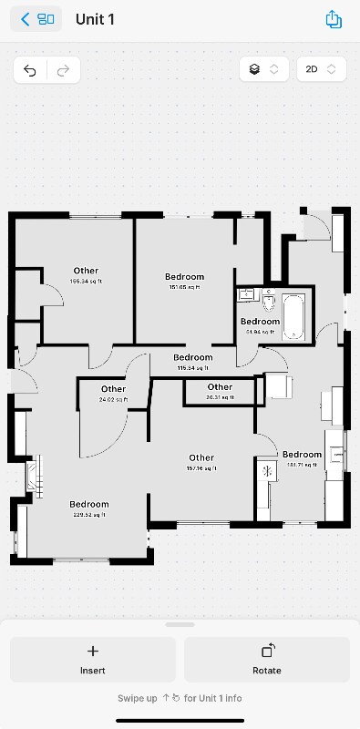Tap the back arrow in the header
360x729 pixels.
click(x=26, y=19)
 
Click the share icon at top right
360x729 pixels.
click(x=333, y=19)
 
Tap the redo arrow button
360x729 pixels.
click(x=63, y=70)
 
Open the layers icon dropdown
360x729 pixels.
click(x=263, y=69)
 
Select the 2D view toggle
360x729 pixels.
click(x=322, y=69)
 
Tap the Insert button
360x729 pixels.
click(x=92, y=659)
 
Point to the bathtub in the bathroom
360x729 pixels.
click(x=294, y=315)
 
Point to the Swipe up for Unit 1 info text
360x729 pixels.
click(x=180, y=698)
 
